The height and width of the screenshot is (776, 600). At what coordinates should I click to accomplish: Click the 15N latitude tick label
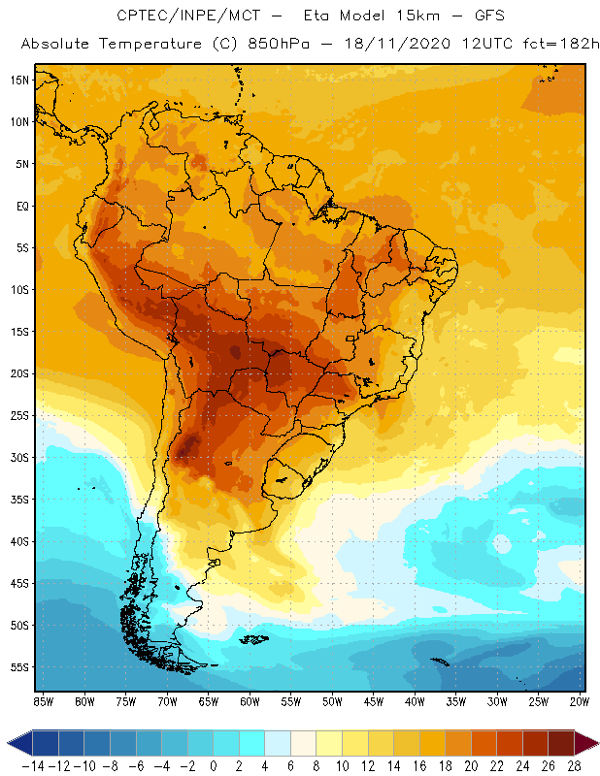(19, 80)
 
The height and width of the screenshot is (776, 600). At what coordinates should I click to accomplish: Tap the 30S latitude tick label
(19, 457)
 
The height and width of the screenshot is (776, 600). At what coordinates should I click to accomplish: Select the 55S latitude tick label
(19, 666)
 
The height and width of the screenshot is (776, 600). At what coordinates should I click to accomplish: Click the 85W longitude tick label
(43, 701)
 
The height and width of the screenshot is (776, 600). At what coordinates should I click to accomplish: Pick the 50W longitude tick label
(332, 701)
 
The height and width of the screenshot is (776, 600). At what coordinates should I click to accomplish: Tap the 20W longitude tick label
(580, 701)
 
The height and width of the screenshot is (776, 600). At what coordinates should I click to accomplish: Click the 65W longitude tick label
(208, 701)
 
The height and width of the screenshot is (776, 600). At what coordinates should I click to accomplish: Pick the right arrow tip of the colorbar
(592, 743)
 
